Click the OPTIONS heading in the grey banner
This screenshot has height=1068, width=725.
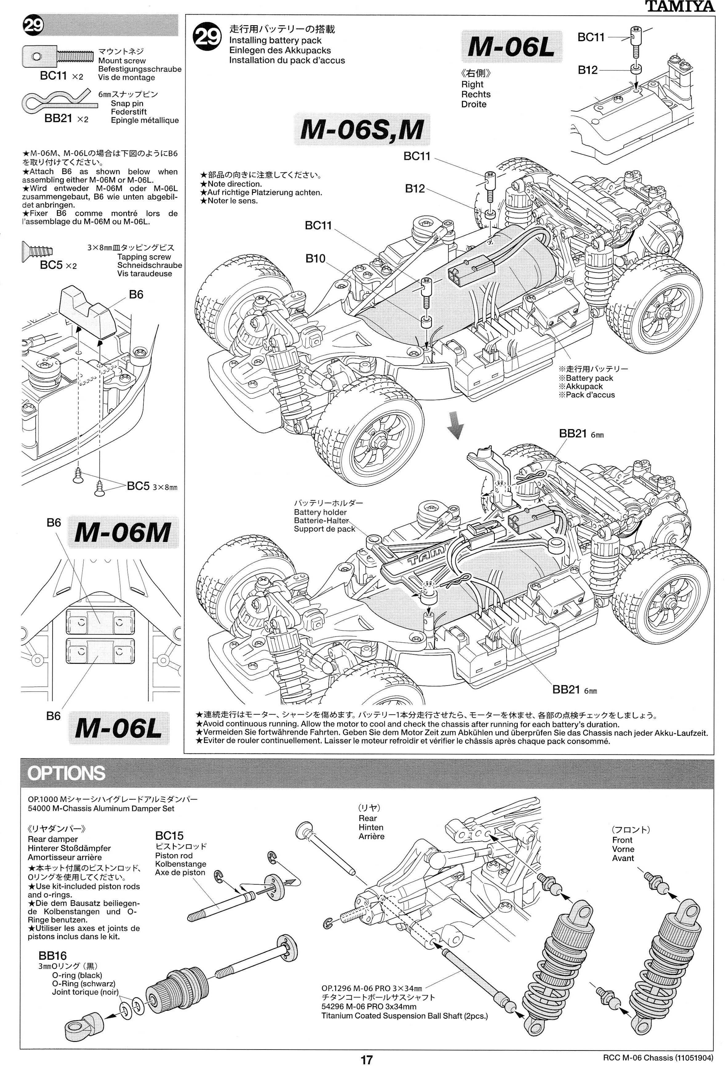(x=66, y=773)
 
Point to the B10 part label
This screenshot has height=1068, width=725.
(x=315, y=259)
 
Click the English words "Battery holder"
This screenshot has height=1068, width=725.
(x=320, y=512)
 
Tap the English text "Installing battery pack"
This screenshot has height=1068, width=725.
(x=275, y=40)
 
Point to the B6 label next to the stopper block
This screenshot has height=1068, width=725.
(x=136, y=295)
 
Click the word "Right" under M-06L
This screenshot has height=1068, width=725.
(x=472, y=84)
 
